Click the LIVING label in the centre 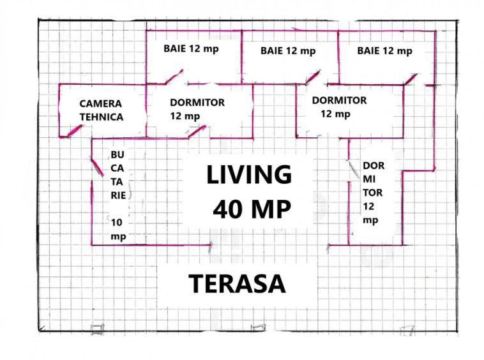pos(249,175)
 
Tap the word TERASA pos(237,284)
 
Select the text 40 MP pos(252,209)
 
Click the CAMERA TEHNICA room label pos(102,110)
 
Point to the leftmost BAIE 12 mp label pos(191,49)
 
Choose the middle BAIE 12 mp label pos(288,51)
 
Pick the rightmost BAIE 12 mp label pos(384,51)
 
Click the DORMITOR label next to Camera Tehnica pos(197,109)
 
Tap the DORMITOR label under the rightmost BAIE pos(339,107)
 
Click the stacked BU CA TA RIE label pos(117,175)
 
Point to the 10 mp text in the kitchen pos(118,230)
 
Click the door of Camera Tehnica pos(75,130)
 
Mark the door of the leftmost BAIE pos(174,77)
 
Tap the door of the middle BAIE pos(313,77)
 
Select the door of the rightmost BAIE pos(411,79)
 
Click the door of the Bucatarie pos(97,167)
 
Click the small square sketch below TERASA pos(259,327)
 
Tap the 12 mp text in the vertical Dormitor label pos(370,213)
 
